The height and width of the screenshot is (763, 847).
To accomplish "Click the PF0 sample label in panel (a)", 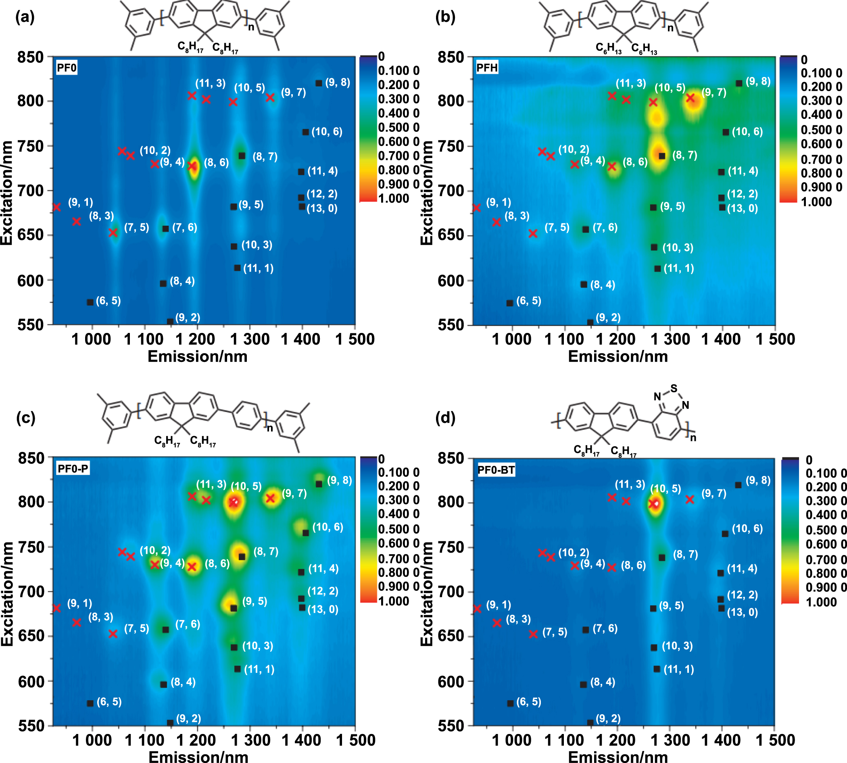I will click(x=67, y=68).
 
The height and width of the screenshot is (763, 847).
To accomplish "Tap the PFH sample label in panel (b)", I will click(x=487, y=68).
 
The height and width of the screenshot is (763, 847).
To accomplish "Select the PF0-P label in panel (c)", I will click(x=73, y=469).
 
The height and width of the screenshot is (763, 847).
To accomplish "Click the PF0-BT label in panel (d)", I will click(x=496, y=470).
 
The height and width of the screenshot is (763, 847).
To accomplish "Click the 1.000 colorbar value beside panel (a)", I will click(x=393, y=198).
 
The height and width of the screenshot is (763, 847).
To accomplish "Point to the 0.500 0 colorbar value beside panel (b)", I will click(x=821, y=130).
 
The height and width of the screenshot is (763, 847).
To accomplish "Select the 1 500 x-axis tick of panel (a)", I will click(x=355, y=339).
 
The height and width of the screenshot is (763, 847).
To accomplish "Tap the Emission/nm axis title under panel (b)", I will click(x=618, y=356).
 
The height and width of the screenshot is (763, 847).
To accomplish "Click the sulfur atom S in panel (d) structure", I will click(x=674, y=388).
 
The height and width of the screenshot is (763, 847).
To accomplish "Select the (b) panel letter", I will click(x=445, y=17).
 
